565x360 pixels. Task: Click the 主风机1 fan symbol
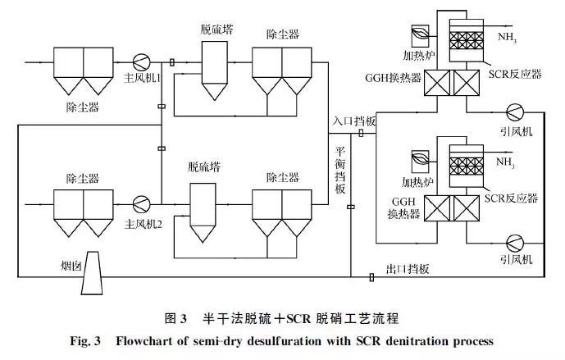coord(142,62)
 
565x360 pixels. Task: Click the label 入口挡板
coord(355,121)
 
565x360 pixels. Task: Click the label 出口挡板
coord(408,269)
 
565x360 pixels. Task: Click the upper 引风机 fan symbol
coord(516,112)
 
